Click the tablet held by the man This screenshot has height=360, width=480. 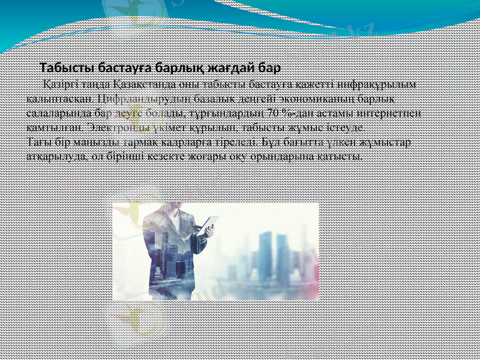pos(207,223)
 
